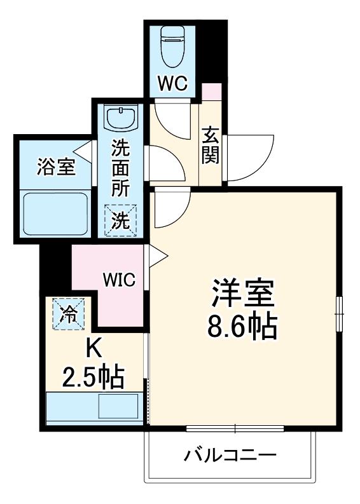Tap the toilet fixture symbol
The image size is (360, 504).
point(173,46)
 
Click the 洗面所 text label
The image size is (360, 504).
point(121,168)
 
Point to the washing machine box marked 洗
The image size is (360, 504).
point(121,220)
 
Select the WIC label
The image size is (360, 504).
point(120,280)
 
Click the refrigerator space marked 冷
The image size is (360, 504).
point(68,313)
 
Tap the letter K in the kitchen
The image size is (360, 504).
point(93,348)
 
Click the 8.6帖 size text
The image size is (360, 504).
point(242,326)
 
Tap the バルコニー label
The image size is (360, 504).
point(230,455)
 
